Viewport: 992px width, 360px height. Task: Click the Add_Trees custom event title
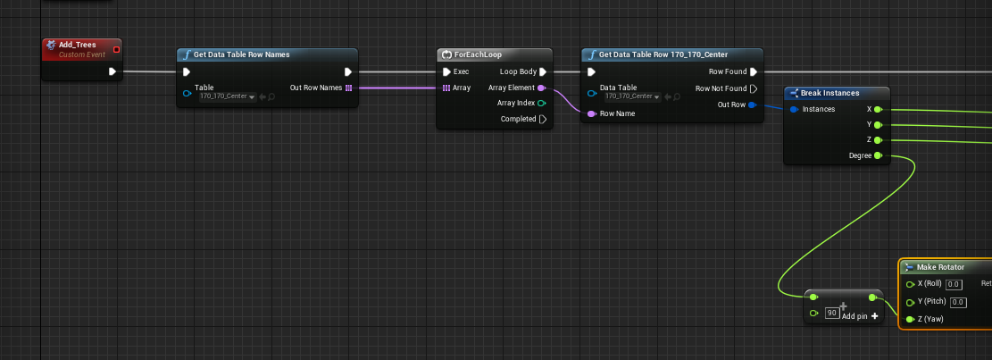click(77, 45)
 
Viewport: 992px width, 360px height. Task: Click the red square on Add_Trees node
click(116, 49)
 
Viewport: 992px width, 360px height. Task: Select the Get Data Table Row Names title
click(242, 54)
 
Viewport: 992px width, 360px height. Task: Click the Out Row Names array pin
click(348, 88)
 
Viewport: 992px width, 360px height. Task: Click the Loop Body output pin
click(543, 72)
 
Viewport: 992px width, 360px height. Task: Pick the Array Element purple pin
click(542, 88)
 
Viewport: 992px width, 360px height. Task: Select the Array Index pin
click(542, 103)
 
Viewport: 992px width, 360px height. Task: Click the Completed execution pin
click(543, 119)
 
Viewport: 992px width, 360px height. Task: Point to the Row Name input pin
click(591, 113)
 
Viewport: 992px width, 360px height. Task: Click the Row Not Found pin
click(754, 88)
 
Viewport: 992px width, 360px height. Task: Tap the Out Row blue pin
click(752, 105)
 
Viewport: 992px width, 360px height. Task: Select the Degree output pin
click(878, 155)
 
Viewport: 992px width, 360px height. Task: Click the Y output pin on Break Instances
click(878, 125)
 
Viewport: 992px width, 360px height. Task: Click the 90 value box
click(832, 314)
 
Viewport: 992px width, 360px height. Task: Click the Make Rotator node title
click(941, 267)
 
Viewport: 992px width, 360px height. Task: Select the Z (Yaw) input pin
click(911, 320)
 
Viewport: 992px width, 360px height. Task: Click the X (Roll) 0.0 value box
click(954, 285)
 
